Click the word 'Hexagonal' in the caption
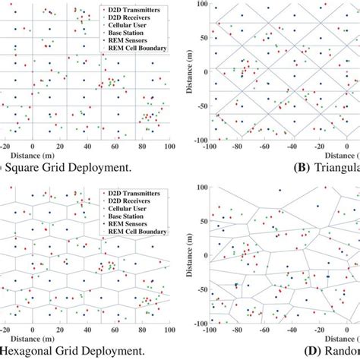pyautogui.click(x=31, y=351)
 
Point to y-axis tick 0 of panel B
pyautogui.click(x=205, y=73)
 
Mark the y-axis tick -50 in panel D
pyautogui.click(x=201, y=289)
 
